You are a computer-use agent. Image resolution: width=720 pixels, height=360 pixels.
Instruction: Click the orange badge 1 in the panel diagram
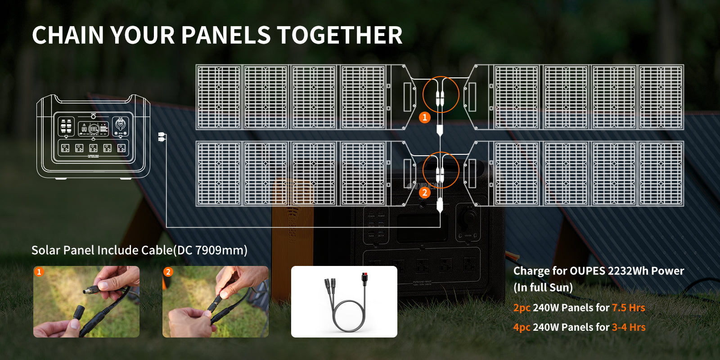point(425,117)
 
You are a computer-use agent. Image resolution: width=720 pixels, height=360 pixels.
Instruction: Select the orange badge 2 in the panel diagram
point(425,193)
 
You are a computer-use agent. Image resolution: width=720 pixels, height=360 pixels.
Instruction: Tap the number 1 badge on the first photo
point(39,272)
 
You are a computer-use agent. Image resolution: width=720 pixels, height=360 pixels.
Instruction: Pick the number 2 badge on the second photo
point(168,272)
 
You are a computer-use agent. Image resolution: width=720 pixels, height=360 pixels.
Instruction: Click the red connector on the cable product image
point(364,278)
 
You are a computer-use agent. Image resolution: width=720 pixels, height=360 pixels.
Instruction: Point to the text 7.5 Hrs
point(628,308)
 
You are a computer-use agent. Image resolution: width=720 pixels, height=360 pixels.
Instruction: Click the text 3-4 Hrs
point(629,327)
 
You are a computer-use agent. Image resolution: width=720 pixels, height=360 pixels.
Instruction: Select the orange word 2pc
point(522,308)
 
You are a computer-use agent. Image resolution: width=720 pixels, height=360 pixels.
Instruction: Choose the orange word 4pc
point(522,328)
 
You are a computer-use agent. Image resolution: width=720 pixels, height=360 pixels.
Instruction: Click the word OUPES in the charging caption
point(587,271)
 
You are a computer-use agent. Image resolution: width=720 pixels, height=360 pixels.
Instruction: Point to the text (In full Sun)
point(543,288)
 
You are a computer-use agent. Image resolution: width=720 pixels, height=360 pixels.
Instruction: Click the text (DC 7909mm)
point(210,250)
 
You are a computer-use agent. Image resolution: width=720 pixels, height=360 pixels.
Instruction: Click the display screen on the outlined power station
point(93,129)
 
